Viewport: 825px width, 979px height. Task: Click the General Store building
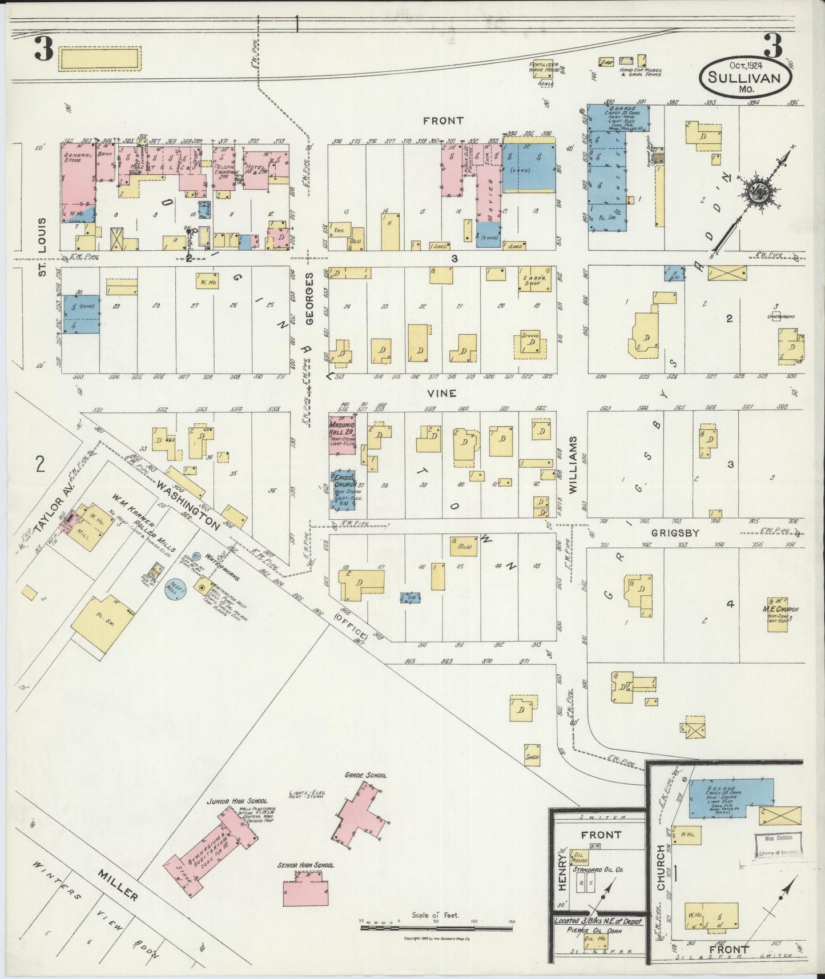[77, 174]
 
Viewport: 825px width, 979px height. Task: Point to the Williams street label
[572, 464]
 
